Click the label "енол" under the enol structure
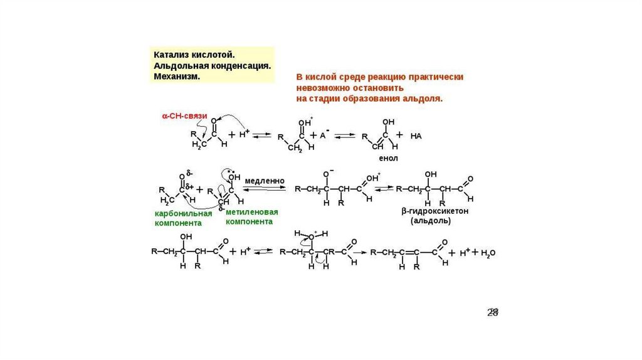[388, 159]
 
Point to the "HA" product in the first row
[416, 135]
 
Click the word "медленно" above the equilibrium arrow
[264, 181]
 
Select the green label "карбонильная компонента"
[183, 218]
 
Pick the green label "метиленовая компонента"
[252, 216]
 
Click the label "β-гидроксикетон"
[435, 211]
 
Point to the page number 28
[493, 312]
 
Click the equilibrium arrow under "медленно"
[264, 190]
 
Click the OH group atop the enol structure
[388, 122]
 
